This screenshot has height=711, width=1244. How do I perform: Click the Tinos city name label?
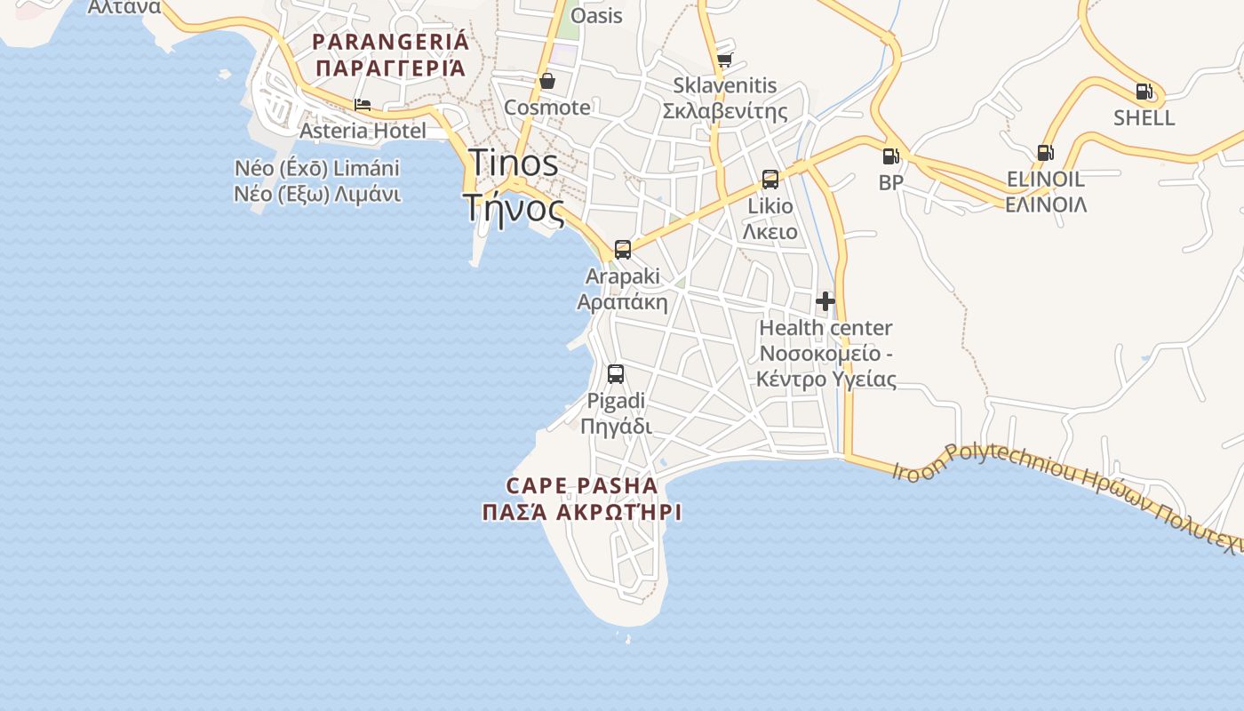click(x=513, y=163)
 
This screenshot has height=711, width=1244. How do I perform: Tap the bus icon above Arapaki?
click(x=623, y=249)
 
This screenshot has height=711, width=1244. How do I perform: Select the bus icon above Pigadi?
click(x=616, y=373)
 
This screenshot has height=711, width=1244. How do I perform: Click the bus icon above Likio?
click(x=770, y=180)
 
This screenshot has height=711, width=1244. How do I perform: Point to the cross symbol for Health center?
click(x=825, y=301)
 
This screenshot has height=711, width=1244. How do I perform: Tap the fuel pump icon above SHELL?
click(x=1144, y=91)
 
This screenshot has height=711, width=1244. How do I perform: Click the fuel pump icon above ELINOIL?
click(x=1046, y=153)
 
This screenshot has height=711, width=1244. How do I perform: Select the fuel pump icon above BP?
click(x=890, y=156)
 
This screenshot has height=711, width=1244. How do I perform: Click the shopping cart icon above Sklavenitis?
click(x=724, y=60)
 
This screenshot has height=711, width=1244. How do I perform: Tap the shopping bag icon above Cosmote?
click(x=547, y=81)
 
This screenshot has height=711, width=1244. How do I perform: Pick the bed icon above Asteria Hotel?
click(x=363, y=105)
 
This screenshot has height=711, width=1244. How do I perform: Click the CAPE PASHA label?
click(x=582, y=486)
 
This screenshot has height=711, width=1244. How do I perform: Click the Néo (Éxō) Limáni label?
click(x=317, y=168)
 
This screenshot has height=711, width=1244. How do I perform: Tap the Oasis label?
click(x=596, y=16)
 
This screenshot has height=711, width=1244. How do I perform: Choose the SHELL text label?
click(x=1144, y=117)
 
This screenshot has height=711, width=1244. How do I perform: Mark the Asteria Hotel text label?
click(x=363, y=131)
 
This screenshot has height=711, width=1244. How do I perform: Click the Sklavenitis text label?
click(x=724, y=86)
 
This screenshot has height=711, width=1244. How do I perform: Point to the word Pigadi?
click(x=616, y=401)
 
